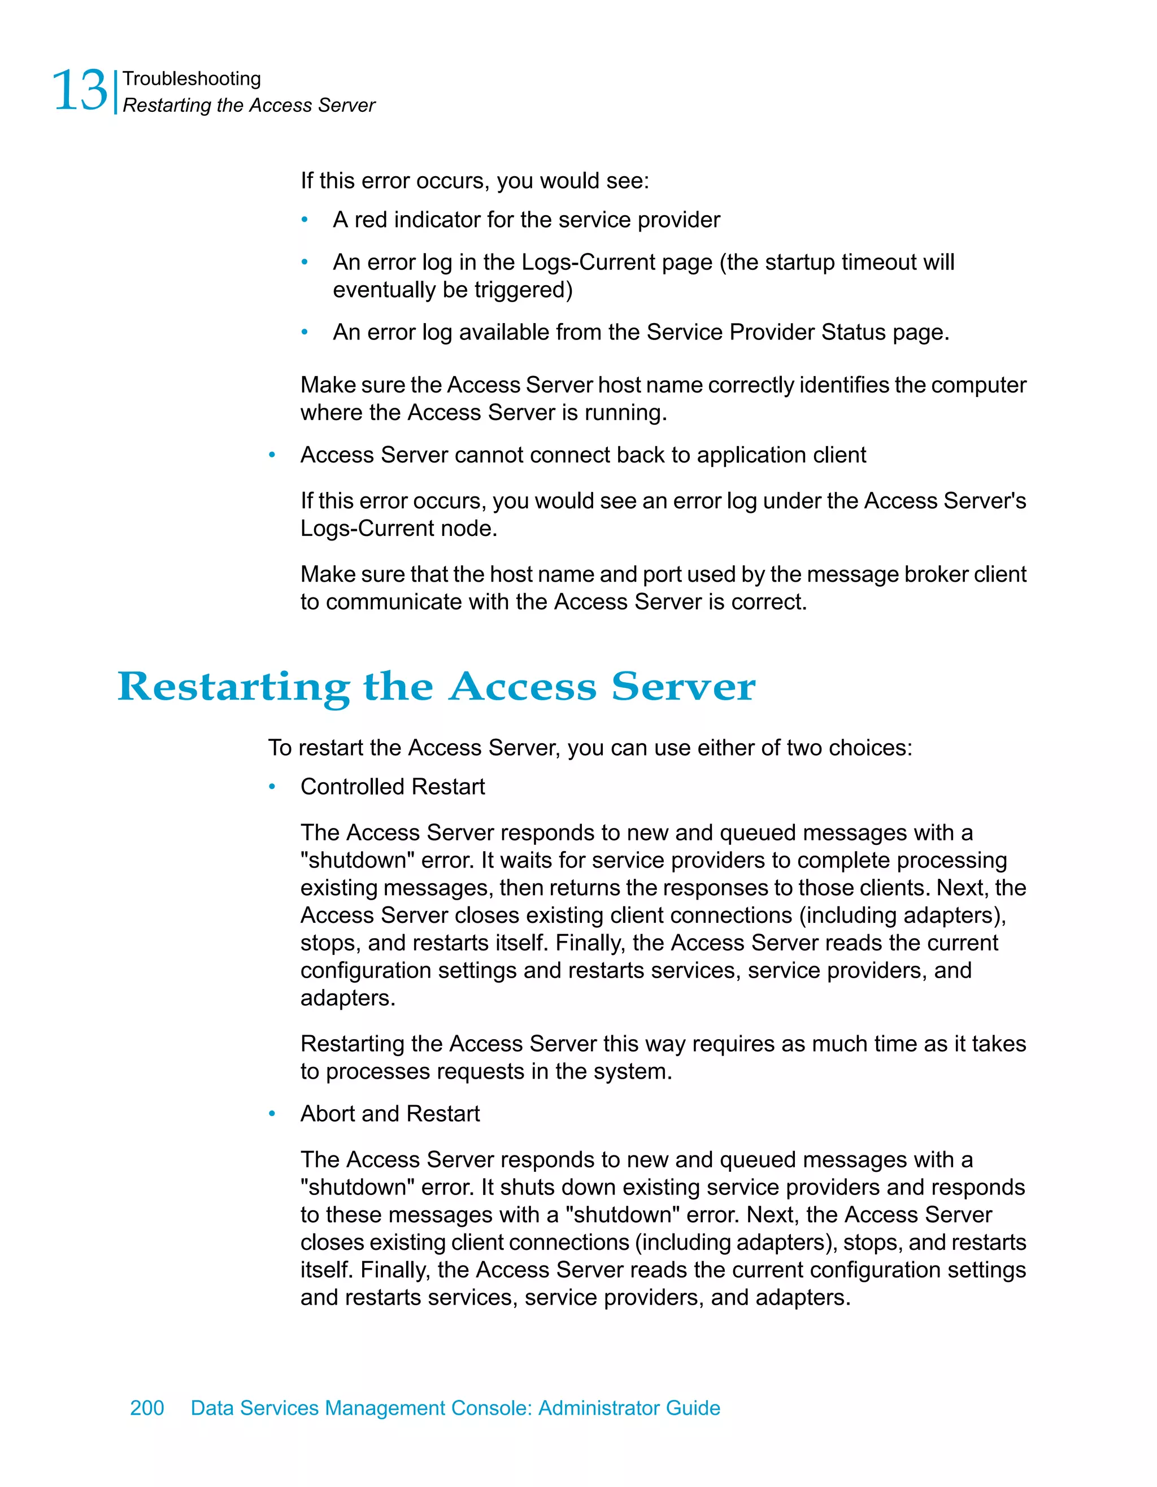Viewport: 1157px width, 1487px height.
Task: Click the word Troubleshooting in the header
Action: tap(192, 79)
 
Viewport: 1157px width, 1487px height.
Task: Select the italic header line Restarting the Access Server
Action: tap(249, 106)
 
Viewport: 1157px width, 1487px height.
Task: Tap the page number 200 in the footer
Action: tap(146, 1407)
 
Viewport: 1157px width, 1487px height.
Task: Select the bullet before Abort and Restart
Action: tap(272, 1114)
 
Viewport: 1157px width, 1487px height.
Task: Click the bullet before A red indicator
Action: tap(305, 220)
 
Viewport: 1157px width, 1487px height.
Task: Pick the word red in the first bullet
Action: tap(371, 220)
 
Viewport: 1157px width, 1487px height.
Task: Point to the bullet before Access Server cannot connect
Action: tap(272, 455)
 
